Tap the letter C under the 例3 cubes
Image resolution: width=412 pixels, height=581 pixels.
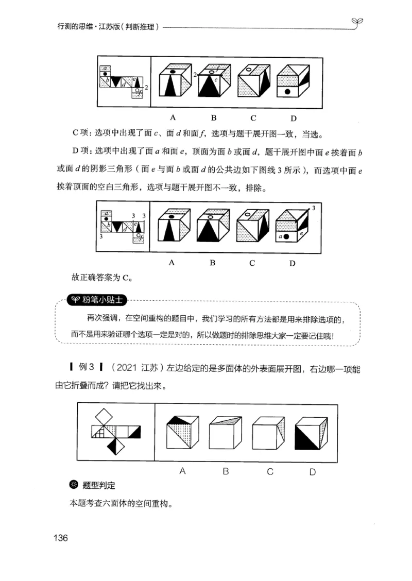pos(269,471)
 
